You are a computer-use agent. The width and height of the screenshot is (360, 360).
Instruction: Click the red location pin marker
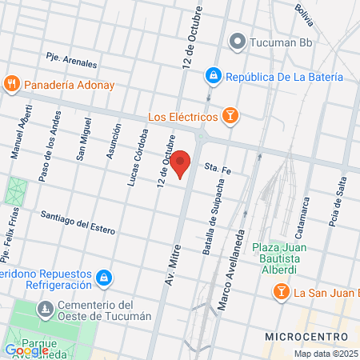182,162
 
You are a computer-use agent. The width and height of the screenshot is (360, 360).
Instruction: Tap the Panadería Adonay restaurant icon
12,83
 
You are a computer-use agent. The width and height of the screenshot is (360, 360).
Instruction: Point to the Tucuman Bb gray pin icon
237,42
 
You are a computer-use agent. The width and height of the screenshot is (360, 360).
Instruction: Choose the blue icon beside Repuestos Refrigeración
103,278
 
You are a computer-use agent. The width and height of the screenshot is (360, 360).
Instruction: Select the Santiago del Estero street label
79,222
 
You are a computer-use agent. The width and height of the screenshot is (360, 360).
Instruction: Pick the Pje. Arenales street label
71,60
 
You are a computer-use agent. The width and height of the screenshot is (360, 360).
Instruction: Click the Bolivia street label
303,14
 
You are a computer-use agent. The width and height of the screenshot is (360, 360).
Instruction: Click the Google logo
26,350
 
